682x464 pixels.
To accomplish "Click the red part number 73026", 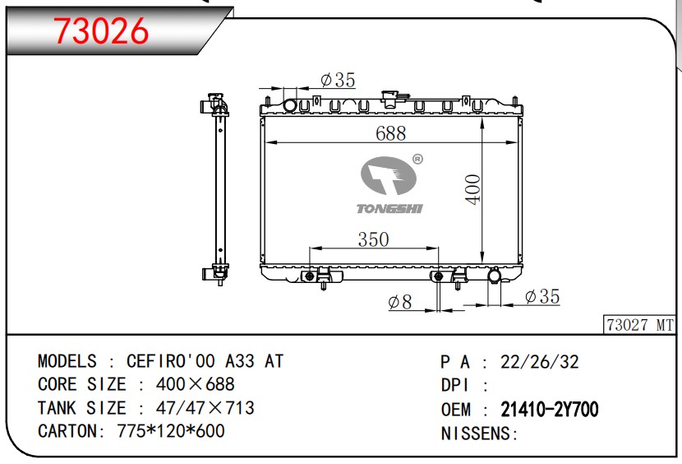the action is point(100,31).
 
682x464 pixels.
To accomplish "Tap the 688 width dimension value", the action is point(390,133).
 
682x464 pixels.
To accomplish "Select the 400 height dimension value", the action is point(472,189).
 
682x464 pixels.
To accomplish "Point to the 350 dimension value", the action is point(373,239).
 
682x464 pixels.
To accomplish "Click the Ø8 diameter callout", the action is point(399,302).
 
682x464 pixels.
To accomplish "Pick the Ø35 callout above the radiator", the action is point(338,80).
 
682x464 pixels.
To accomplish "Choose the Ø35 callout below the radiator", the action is point(542,297).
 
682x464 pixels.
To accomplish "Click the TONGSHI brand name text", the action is point(389,209).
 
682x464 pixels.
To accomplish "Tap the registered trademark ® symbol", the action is point(417,160).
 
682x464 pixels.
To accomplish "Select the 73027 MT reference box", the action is point(639,325).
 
